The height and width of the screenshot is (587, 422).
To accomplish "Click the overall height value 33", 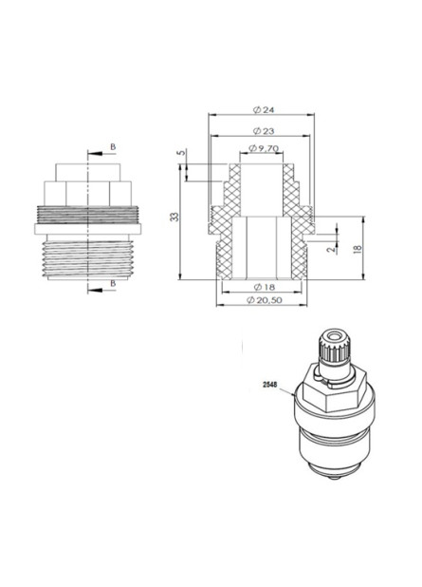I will [x=174, y=218].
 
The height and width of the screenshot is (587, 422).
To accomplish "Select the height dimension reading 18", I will [x=357, y=247].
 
